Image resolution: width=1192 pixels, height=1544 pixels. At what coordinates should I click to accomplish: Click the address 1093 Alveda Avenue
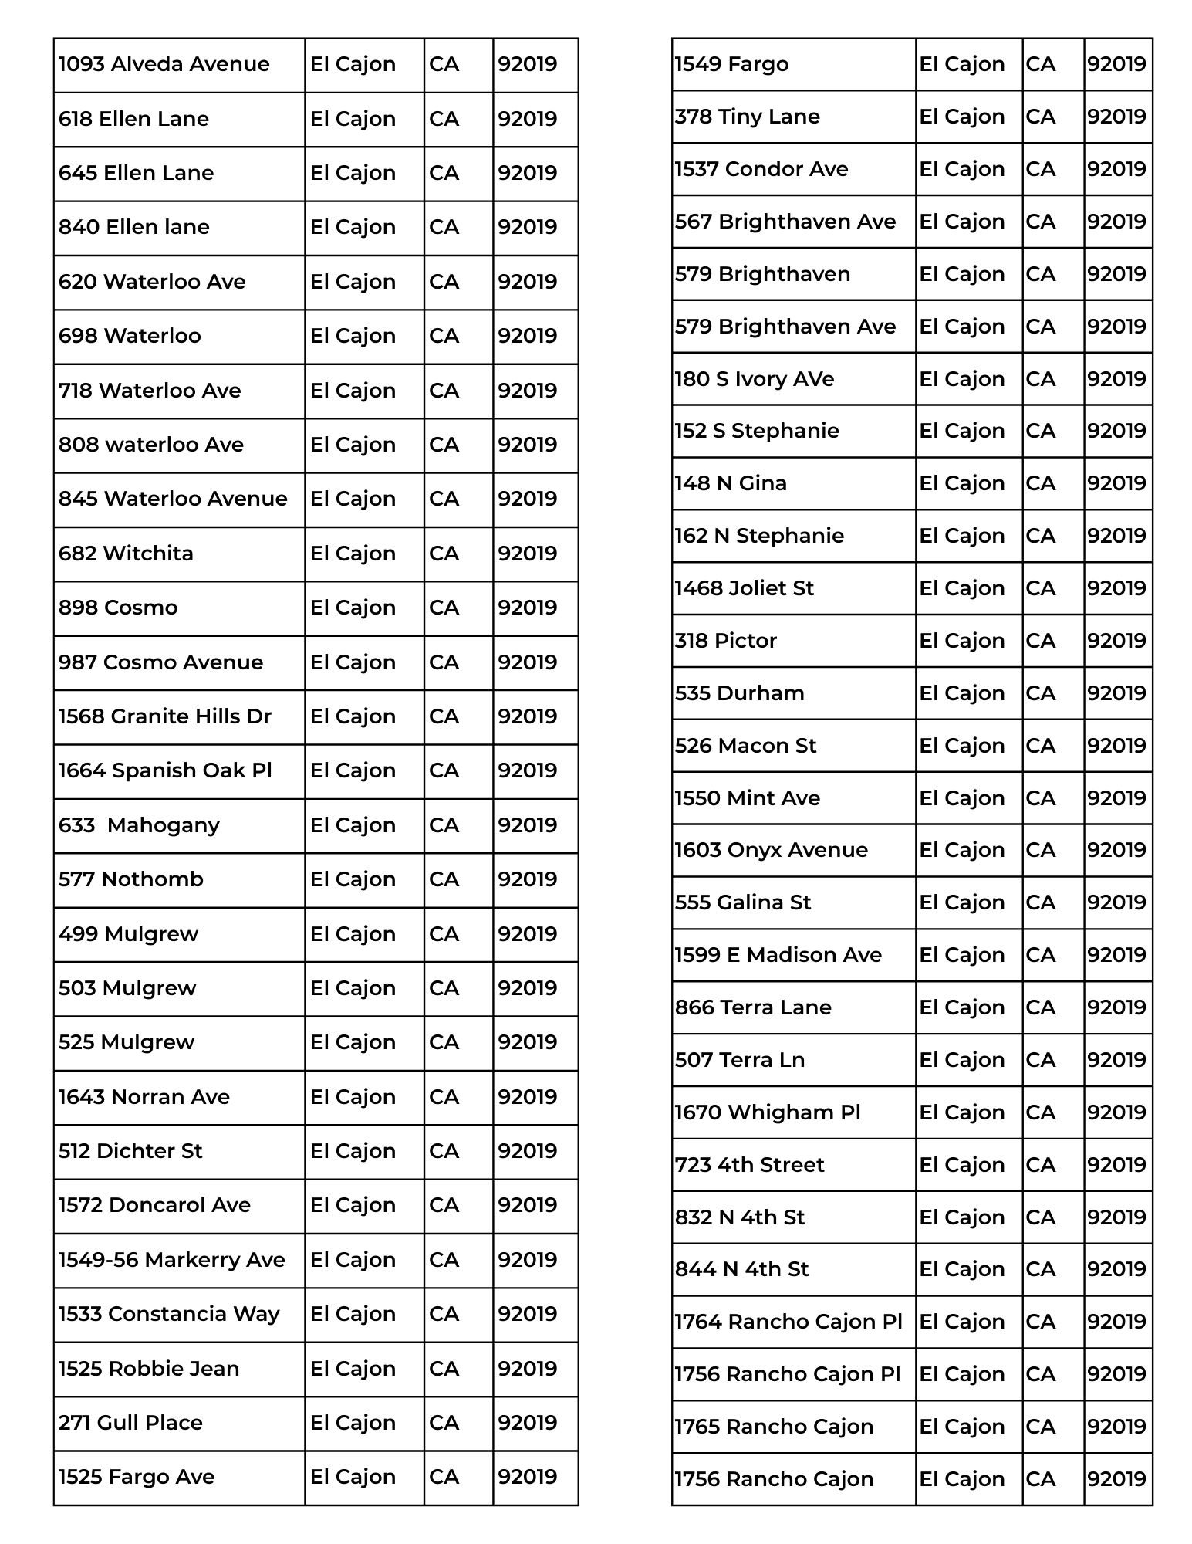[164, 64]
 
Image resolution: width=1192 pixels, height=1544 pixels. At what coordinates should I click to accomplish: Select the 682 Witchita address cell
[126, 554]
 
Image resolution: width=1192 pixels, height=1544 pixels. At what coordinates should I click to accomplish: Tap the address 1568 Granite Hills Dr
[165, 716]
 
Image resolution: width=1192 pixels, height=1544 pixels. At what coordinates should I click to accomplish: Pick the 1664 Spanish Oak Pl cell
[165, 770]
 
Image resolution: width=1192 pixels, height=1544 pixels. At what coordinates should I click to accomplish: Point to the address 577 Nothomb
[131, 879]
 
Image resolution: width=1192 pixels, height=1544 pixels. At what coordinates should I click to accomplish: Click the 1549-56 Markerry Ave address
[172, 1260]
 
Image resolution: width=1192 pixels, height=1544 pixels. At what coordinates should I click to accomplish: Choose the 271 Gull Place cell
[130, 1423]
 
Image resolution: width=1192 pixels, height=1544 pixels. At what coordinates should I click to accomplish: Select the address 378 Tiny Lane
[747, 117]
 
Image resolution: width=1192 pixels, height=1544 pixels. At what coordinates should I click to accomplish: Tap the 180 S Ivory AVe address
[754, 379]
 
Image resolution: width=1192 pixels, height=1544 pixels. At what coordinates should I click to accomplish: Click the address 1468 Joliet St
[744, 588]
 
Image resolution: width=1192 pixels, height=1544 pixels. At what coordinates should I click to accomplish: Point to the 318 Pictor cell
[725, 641]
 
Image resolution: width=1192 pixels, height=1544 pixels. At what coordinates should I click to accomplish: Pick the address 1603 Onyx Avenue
[771, 850]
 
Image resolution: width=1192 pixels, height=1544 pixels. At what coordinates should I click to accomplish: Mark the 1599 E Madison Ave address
[778, 955]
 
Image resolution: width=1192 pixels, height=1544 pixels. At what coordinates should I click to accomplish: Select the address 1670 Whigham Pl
[767, 1112]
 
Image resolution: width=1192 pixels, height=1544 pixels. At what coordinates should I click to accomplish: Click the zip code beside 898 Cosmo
[527, 608]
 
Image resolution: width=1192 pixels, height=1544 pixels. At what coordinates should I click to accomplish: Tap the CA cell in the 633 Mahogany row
[444, 825]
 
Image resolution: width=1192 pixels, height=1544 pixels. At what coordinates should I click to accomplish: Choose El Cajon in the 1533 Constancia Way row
[353, 1314]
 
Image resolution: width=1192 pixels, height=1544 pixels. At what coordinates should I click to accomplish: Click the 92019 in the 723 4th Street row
[1116, 1165]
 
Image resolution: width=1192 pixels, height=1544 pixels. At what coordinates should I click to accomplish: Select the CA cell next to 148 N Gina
[1040, 483]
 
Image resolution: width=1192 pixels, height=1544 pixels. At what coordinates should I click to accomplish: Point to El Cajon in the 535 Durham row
[961, 693]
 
